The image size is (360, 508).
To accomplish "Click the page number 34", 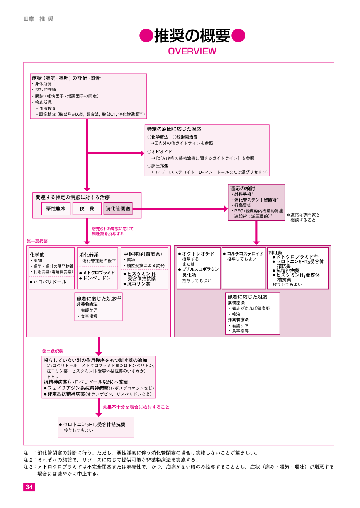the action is (29, 487).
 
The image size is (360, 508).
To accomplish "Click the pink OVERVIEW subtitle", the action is (192, 51).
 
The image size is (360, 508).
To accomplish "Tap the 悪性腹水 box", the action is (56, 208).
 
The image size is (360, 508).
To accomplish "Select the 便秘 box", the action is (87, 208).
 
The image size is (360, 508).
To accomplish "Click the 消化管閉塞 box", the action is (118, 208).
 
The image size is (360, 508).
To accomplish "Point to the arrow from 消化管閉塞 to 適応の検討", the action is (180, 208).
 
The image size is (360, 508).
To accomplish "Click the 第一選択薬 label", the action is (37, 241).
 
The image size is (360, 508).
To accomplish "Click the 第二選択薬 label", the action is (53, 351).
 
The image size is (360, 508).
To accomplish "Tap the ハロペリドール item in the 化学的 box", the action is (48, 282).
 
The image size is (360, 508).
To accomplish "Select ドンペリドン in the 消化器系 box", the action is (95, 278).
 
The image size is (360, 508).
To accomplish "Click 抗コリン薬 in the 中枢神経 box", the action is (137, 284).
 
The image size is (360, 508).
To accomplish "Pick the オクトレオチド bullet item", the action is (197, 254).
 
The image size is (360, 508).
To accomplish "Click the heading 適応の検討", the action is (243, 188).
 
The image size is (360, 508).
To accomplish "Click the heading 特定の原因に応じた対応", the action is (174, 129).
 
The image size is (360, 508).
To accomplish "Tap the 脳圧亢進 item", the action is (158, 166).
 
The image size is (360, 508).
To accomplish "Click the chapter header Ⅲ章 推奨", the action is (38, 19).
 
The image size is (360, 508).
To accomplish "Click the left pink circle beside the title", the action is (146, 36).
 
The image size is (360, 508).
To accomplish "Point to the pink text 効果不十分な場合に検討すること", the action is (136, 407).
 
